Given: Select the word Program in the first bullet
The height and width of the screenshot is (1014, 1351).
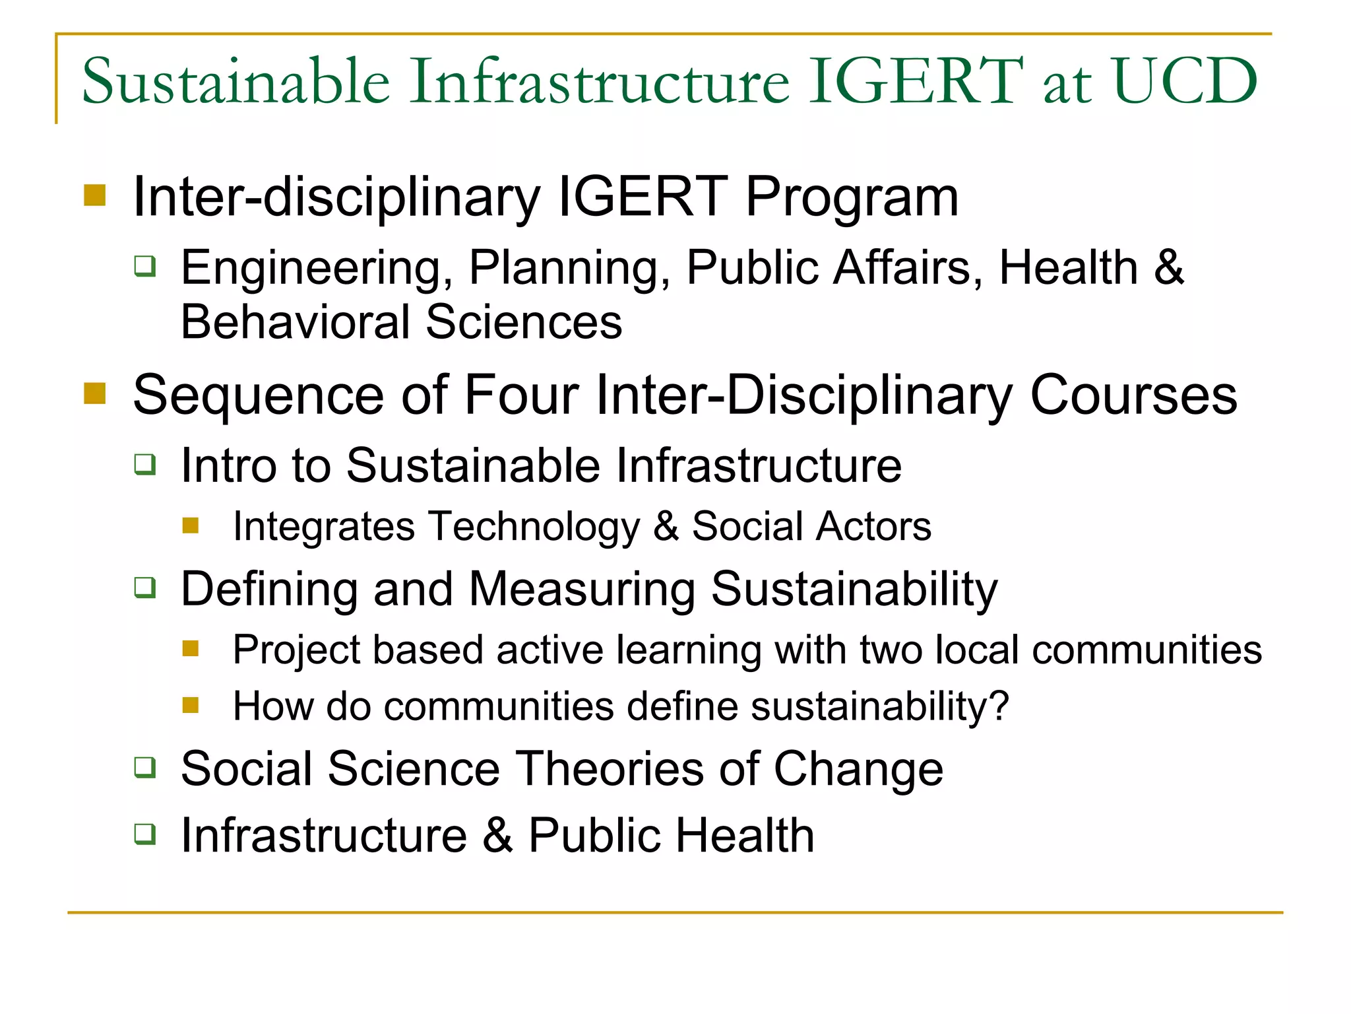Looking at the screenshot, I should click(x=852, y=197).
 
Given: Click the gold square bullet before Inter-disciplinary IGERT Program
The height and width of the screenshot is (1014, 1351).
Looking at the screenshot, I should click(x=95, y=195).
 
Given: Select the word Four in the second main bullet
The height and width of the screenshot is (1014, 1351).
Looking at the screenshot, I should click(x=521, y=395).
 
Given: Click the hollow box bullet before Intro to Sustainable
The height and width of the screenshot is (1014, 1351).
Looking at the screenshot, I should click(x=145, y=464).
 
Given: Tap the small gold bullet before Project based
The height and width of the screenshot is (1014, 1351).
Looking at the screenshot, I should click(x=191, y=648).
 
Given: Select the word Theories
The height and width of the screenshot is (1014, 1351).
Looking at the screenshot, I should click(x=610, y=769).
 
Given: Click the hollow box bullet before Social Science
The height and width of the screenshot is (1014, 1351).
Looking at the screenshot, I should click(x=145, y=768).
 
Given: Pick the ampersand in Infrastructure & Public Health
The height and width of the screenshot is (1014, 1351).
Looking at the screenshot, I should click(x=497, y=835).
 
